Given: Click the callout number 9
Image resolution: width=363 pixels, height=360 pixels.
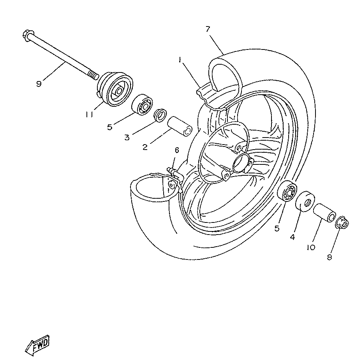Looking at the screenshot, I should (39, 84).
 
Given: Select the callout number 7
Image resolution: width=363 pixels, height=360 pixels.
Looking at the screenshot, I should (208, 29).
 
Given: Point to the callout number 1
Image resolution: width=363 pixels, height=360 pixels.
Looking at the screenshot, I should (180, 60).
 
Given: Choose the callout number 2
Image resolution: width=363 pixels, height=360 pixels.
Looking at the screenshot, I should (145, 147).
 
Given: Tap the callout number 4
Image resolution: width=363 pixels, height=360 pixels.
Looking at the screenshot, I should (292, 236).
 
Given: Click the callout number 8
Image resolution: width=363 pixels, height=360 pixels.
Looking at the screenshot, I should (330, 258).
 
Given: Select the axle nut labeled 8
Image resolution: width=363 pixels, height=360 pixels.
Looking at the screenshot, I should (342, 222).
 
